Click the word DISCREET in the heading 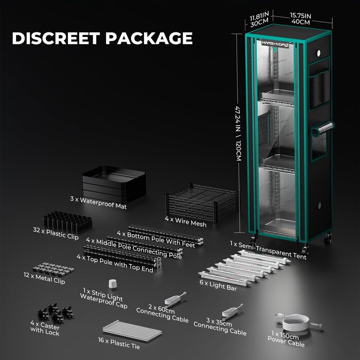(x=56, y=38)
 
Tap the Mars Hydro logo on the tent (x=275, y=44)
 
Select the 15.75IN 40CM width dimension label (x=301, y=19)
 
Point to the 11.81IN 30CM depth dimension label (x=259, y=19)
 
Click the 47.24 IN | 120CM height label (x=238, y=133)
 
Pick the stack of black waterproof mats (x=114, y=184)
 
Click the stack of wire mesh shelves (x=202, y=202)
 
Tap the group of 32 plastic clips (x=67, y=222)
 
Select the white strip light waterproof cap (x=113, y=283)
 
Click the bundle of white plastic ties (x=132, y=331)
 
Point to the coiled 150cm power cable (x=298, y=322)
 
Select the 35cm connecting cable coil (x=232, y=311)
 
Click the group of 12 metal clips (x=53, y=269)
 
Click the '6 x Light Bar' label (x=218, y=285)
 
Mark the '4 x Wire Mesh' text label (x=186, y=222)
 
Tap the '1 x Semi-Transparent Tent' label (x=268, y=250)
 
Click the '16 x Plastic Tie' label (x=119, y=343)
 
